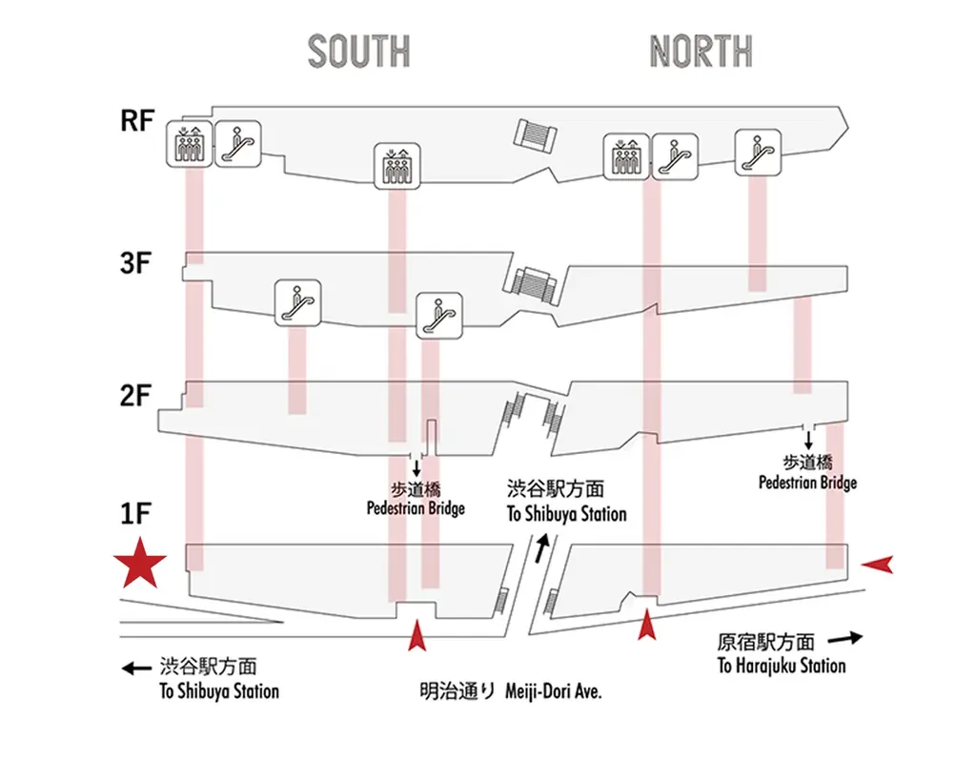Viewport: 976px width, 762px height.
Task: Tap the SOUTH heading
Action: [359, 51]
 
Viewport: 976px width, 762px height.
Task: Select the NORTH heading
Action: [701, 51]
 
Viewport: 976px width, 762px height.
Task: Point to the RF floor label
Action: [137, 123]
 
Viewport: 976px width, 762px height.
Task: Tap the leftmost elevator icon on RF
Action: [188, 144]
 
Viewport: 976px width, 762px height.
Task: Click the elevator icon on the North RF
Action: [625, 156]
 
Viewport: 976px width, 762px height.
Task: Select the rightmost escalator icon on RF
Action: [759, 149]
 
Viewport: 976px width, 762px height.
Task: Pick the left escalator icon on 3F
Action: [296, 302]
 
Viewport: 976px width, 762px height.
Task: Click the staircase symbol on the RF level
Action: [536, 134]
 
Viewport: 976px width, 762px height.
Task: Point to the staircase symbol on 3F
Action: [532, 284]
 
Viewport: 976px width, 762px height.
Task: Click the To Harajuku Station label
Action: [781, 666]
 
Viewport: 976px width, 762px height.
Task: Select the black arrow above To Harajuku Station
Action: [844, 637]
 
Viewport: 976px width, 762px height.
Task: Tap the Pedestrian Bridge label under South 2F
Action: [416, 507]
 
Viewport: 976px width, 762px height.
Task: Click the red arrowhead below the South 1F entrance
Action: [416, 635]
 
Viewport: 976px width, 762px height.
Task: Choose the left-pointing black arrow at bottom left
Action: [138, 669]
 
